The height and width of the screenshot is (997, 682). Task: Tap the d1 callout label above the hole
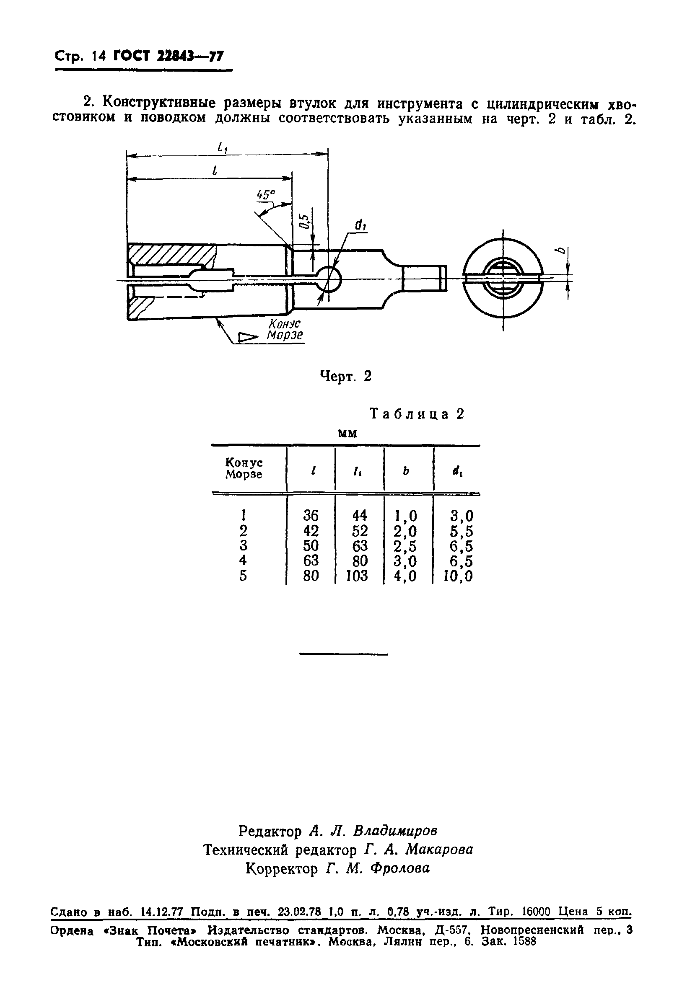pos(360,225)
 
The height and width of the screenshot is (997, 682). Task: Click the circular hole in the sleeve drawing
pos(329,279)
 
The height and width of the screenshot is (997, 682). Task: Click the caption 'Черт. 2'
pos(346,376)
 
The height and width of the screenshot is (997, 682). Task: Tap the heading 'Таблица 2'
pos(417,414)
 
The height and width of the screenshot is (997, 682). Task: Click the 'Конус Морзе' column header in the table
pos(244,468)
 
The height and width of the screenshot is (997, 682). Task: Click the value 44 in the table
pos(359,515)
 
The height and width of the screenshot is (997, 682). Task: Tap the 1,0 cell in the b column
pos(405,515)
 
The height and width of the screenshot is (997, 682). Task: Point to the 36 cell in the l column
pos(311,515)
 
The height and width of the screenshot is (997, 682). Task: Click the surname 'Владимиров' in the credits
pos(395,831)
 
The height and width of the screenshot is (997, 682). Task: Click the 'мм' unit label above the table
pos(347,433)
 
